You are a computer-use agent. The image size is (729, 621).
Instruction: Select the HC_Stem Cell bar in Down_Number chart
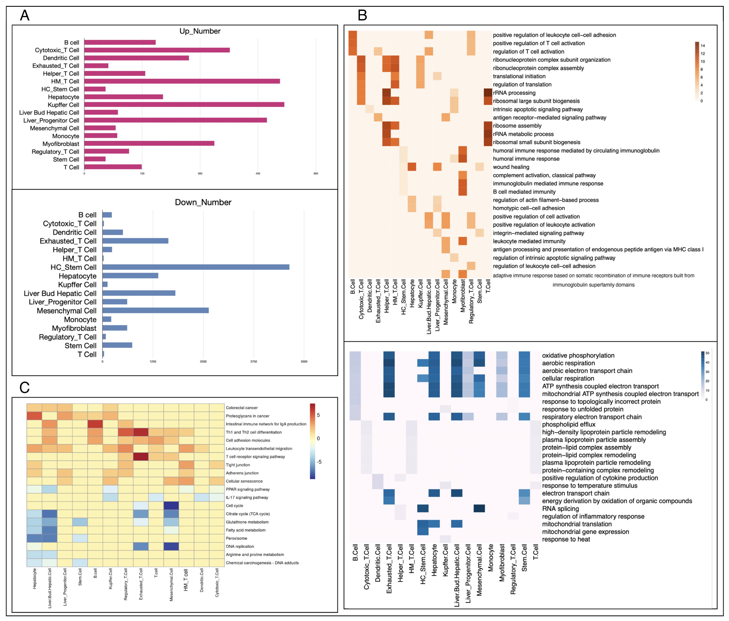[x=196, y=267]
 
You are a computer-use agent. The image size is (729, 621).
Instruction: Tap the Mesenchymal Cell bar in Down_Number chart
[x=156, y=310]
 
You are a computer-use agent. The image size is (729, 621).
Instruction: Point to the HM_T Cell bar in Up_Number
[x=182, y=81]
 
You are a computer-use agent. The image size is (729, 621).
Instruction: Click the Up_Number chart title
[x=200, y=31]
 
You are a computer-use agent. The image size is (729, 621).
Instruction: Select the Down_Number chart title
[x=203, y=203]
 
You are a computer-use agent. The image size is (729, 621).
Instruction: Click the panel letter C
[x=25, y=388]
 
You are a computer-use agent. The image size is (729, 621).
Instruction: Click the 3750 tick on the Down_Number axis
[x=254, y=362]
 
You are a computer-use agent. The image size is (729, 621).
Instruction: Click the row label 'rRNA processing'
[x=514, y=93]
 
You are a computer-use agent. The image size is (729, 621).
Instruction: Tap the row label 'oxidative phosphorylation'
[x=578, y=355]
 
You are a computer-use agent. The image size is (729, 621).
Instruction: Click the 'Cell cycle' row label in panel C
[x=234, y=506]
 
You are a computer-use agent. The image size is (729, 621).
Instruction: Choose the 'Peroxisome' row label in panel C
[x=236, y=538]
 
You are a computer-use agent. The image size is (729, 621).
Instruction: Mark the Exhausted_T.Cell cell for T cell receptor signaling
[x=141, y=456]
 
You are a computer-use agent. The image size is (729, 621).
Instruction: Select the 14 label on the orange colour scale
[x=703, y=46]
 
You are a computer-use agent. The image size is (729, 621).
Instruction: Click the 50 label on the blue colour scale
[x=707, y=353]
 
